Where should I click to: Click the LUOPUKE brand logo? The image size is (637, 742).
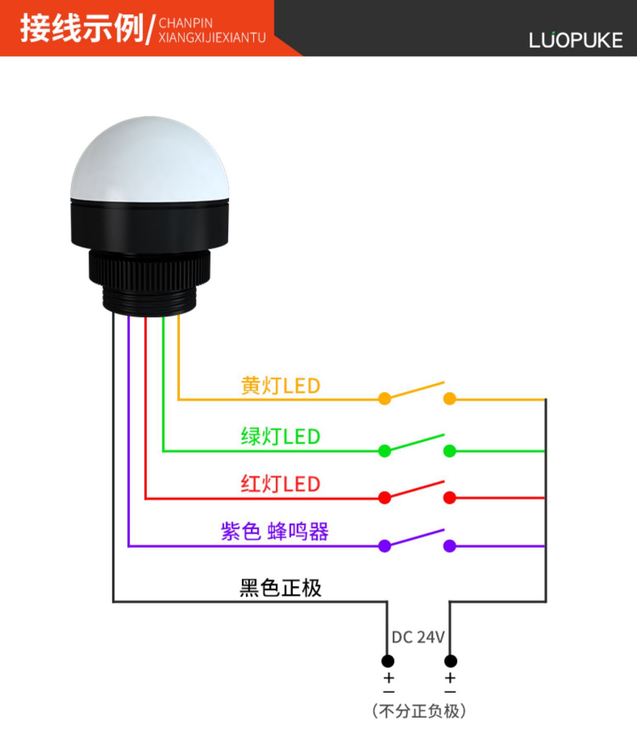575,40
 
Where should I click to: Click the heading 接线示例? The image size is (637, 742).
82,28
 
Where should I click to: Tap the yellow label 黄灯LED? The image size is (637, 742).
280,386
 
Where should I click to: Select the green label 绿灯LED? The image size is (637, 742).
280,437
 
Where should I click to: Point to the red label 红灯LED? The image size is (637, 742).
280,484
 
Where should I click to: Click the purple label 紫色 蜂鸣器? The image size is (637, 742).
274,531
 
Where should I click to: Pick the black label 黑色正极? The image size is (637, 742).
280,588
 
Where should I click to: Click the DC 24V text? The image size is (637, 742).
418,637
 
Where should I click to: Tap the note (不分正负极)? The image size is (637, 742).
419,711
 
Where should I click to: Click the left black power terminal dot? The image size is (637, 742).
387,661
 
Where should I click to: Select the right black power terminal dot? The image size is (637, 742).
450,661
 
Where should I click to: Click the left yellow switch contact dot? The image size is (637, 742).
384,399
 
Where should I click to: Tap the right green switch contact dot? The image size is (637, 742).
449,451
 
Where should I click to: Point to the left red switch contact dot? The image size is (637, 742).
384,498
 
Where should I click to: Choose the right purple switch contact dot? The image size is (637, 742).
449,546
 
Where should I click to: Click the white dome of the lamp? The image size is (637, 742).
149,161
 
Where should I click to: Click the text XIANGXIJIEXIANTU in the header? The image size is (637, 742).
212,38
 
